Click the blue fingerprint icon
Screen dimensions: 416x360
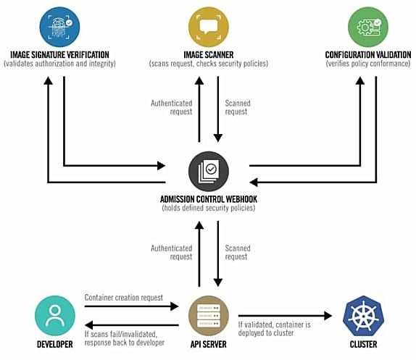click(59, 27)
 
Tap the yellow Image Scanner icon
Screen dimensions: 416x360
click(209, 27)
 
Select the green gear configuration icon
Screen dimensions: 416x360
click(368, 27)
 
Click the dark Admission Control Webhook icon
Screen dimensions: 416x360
click(209, 171)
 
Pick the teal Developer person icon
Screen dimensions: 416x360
click(55, 316)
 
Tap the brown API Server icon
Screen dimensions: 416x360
click(209, 316)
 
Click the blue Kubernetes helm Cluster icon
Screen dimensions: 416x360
click(364, 316)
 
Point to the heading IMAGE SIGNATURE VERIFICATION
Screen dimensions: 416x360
click(59, 55)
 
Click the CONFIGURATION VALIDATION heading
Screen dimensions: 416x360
click(368, 55)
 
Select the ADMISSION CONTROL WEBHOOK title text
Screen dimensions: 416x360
click(209, 199)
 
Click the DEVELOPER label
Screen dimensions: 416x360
click(55, 344)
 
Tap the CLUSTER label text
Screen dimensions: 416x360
click(364, 344)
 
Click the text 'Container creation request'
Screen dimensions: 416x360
click(124, 298)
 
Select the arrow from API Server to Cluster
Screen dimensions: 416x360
click(286, 316)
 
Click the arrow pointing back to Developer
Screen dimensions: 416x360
click(132, 325)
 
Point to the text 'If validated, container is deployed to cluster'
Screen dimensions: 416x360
click(275, 329)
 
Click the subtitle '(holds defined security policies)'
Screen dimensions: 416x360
click(209, 208)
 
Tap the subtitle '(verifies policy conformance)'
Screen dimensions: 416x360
click(368, 64)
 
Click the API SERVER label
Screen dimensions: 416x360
click(209, 344)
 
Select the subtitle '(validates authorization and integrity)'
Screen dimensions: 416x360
click(59, 64)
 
